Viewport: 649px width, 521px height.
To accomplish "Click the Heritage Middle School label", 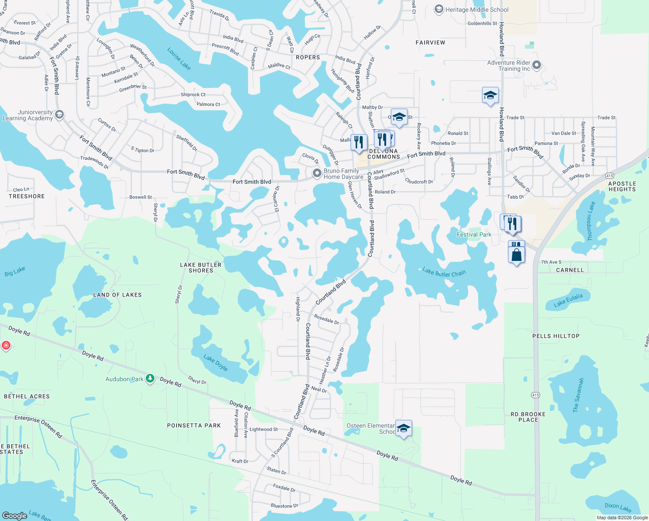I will pos(477,10).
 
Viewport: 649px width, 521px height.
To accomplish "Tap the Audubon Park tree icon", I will pos(150,379).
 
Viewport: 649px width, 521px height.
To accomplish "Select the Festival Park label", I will pos(474,234).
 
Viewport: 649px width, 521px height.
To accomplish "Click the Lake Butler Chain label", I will pos(444,272).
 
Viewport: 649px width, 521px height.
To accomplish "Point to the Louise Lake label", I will pos(179,59).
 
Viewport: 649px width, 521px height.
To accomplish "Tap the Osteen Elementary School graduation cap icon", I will pos(403,429).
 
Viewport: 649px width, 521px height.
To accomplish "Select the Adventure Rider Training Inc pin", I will pos(537,66).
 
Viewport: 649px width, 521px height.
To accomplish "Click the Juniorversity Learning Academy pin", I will pos(59,115).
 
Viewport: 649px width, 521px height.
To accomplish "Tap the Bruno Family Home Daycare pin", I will pos(317,173).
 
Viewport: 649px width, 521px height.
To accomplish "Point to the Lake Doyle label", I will pos(216,363).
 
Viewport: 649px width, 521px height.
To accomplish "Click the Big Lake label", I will pos(15,272).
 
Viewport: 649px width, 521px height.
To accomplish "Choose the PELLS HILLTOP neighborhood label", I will pos(556,336).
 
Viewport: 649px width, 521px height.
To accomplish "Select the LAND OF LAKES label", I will pos(117,295).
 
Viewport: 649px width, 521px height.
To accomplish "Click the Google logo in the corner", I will pos(15,515).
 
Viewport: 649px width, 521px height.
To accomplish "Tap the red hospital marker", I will pos(6,346).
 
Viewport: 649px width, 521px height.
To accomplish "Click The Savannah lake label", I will pos(578,395).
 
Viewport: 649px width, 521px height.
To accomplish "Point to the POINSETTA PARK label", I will pos(194,425).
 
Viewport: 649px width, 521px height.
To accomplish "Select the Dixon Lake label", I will pos(618,507).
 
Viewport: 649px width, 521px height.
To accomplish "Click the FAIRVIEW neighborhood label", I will pos(430,43).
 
